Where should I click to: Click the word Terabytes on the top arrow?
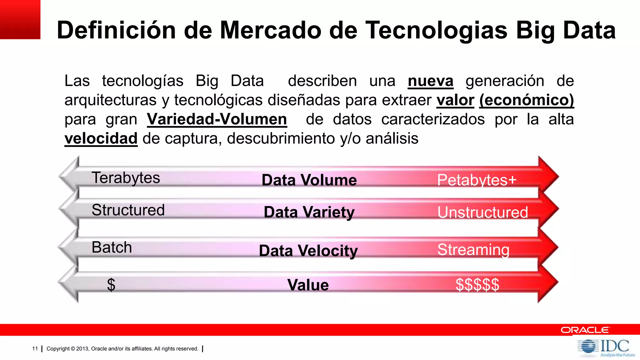[126, 178]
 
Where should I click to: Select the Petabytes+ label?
[477, 180]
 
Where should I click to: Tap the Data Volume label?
[309, 180]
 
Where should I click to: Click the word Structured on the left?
[128, 210]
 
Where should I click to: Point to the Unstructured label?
[482, 212]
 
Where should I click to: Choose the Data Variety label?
[309, 212]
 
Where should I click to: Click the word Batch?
[112, 247]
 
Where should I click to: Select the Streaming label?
[473, 250]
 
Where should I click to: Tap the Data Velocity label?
[308, 251]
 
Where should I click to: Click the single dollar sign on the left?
[111, 285]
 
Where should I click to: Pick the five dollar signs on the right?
[477, 285]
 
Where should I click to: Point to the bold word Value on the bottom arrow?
[308, 285]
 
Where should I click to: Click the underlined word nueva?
[430, 81]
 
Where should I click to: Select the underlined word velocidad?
[101, 138]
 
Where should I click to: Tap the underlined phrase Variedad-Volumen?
[217, 119]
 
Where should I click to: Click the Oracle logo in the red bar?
[585, 330]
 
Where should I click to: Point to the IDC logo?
[606, 347]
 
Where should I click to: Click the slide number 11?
[35, 348]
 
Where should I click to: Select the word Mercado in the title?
[271, 30]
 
